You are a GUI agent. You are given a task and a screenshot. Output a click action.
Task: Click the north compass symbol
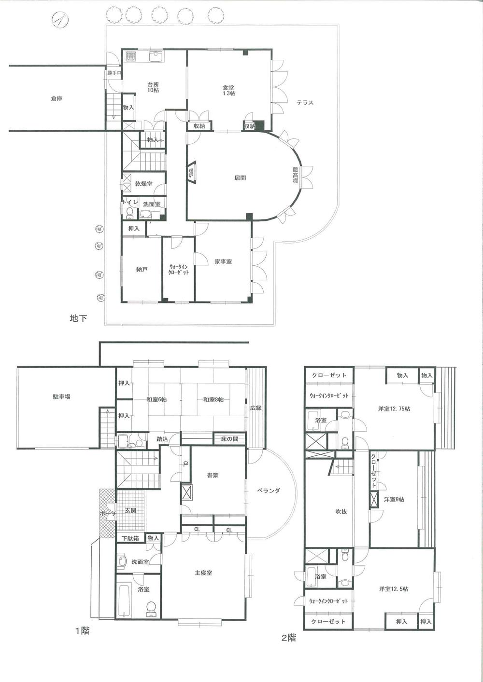click(x=59, y=21)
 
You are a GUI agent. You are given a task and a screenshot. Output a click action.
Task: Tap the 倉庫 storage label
click(x=57, y=99)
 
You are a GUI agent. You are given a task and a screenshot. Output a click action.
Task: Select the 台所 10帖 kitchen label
click(x=154, y=87)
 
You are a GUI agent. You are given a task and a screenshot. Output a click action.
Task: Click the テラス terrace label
click(x=305, y=102)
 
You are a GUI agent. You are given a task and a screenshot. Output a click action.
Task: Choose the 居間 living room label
click(x=240, y=178)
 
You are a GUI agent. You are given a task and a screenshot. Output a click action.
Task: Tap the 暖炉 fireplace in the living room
click(x=191, y=173)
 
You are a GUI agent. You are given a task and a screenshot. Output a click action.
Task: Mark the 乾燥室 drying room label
click(x=144, y=184)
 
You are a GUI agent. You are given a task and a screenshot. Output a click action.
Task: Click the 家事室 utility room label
click(x=223, y=261)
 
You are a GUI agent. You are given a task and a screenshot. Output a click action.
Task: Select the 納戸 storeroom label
click(x=141, y=270)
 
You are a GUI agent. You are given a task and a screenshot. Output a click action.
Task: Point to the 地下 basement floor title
click(x=79, y=318)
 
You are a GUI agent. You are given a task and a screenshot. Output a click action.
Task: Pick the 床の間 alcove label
click(x=229, y=439)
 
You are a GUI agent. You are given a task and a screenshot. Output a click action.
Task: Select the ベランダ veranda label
click(x=268, y=490)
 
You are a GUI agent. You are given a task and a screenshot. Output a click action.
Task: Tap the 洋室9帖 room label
click(x=394, y=500)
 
